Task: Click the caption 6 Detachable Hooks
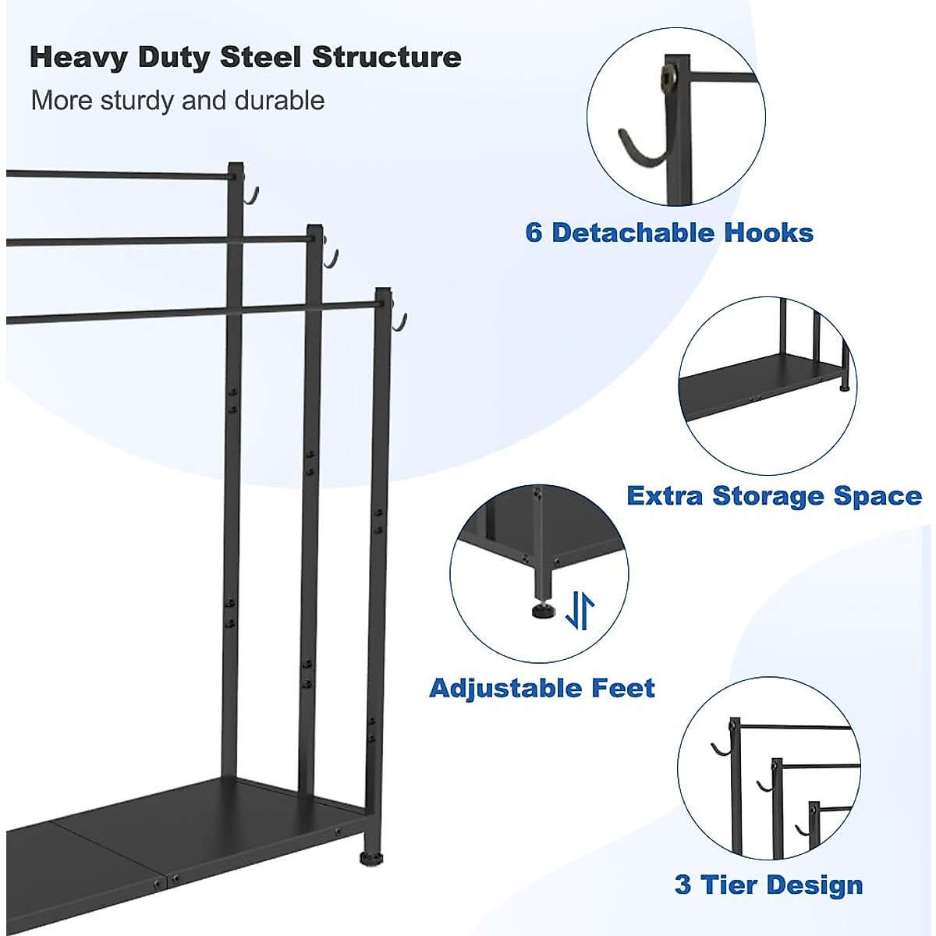tap(669, 232)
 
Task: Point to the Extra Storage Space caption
tap(774, 496)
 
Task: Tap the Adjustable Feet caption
tap(542, 688)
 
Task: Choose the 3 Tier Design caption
tap(768, 885)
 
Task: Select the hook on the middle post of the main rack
tap(331, 259)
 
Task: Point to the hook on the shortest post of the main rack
tap(400, 321)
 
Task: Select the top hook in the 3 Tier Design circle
tap(720, 750)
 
